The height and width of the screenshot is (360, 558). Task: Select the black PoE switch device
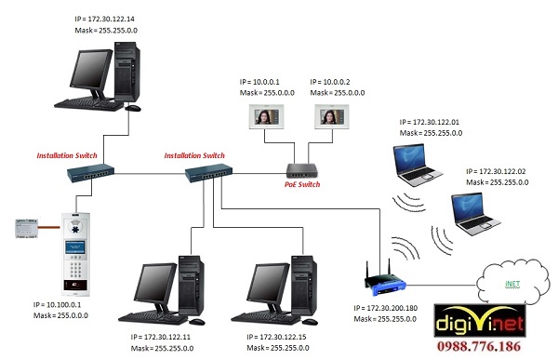pyautogui.click(x=302, y=169)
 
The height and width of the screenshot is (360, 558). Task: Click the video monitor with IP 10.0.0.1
pyautogui.click(x=262, y=115)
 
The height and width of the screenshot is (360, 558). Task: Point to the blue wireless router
pyautogui.click(x=378, y=279)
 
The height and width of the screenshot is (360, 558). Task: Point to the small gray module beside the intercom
pyautogui.click(x=28, y=228)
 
